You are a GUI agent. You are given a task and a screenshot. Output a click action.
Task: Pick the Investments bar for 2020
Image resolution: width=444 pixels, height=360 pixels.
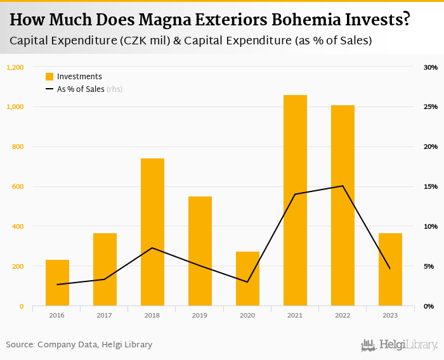[247, 279]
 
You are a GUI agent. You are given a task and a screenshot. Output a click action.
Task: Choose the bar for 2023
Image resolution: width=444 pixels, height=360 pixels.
[390, 269]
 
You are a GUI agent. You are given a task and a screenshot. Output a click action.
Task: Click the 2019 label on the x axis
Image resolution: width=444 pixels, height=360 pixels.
[199, 315]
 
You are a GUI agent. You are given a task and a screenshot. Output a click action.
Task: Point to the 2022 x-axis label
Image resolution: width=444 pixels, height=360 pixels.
[343, 315]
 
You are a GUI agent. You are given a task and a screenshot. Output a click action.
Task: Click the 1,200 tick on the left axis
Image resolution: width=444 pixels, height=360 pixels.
[15, 67]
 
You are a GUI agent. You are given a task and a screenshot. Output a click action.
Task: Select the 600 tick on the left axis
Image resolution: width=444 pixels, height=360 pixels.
[18, 186]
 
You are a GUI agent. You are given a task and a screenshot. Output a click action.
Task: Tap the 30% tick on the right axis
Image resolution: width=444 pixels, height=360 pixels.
[431, 67]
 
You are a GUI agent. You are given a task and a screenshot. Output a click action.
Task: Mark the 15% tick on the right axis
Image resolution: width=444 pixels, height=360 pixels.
[431, 186]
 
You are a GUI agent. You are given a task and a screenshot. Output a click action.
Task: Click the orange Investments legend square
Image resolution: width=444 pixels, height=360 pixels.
[49, 77]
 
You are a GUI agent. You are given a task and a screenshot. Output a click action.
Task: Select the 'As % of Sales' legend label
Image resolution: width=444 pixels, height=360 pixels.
[81, 89]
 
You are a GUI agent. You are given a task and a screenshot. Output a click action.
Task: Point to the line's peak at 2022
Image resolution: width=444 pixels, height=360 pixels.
[343, 186]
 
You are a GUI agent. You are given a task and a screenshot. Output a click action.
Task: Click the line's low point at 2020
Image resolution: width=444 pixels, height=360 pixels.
[247, 282]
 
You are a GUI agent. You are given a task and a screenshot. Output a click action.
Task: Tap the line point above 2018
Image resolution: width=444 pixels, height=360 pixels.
[152, 248]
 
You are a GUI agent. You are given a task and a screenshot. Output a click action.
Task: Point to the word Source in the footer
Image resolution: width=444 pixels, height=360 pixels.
[20, 345]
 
